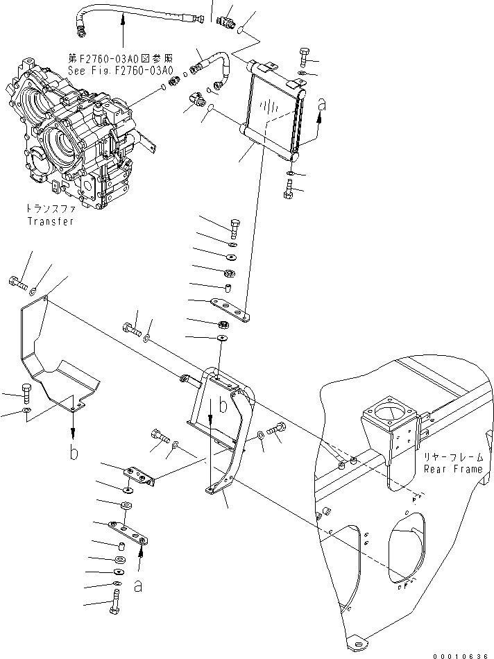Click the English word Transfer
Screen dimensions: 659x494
point(50,221)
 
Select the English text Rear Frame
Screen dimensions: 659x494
point(452,470)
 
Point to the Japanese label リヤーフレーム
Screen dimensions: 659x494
point(452,457)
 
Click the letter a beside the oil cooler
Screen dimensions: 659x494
point(322,106)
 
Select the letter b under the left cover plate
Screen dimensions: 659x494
point(73,454)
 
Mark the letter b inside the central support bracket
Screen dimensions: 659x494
point(222,406)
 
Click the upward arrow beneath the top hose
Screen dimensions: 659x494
point(123,31)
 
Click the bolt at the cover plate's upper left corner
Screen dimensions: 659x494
point(19,282)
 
